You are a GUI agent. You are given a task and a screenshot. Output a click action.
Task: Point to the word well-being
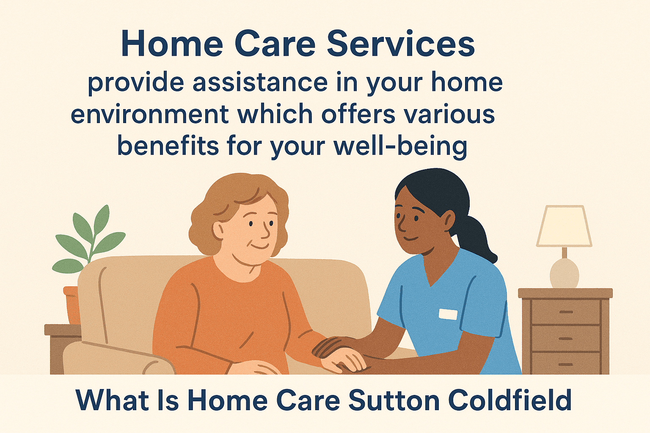400,146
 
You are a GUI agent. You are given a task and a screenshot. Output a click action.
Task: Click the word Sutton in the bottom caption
394,400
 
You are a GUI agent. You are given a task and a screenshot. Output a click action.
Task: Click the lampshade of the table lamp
564,226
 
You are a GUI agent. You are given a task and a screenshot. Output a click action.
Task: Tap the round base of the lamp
564,273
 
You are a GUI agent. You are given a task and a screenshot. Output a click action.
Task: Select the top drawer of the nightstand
565,312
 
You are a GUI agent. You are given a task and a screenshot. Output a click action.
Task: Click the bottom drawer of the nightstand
565,364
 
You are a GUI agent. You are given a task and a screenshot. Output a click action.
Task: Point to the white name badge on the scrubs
448,314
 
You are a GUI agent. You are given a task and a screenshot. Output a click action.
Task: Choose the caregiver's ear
448,219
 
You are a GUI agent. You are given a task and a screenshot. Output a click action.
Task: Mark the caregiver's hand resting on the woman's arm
334,345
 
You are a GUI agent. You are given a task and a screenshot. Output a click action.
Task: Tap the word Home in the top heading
172,44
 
